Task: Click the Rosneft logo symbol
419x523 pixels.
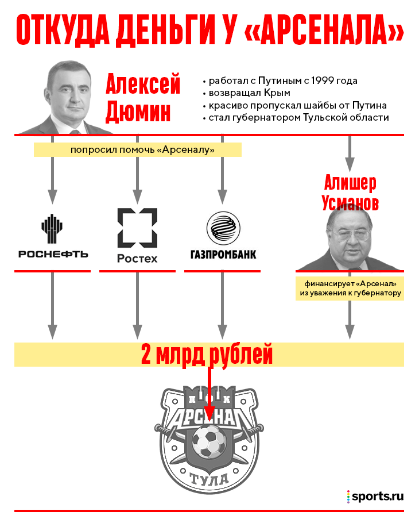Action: [x=52, y=229]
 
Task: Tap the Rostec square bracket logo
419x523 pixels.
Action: [x=137, y=228]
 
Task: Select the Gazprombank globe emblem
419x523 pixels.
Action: [x=223, y=228]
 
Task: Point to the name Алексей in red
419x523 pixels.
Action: [x=143, y=84]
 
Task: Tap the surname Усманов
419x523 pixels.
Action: [x=350, y=203]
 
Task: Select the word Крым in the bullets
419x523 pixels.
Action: [x=277, y=93]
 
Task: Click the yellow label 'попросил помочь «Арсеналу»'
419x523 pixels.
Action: [x=138, y=150]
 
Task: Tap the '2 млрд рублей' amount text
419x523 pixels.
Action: [x=207, y=355]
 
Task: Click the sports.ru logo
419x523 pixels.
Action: [x=375, y=497]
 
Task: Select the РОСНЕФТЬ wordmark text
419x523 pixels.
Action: [x=53, y=254]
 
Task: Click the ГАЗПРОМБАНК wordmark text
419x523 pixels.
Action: [x=223, y=255]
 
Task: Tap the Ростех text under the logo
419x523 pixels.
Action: [x=137, y=259]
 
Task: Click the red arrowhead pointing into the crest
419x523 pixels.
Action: [x=209, y=414]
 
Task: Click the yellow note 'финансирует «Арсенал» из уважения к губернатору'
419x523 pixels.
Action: [x=350, y=289]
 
